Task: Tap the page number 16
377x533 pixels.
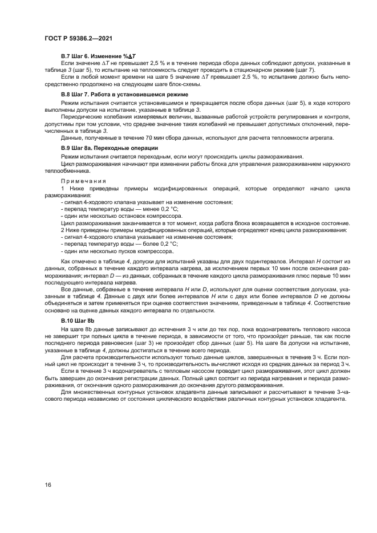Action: pos(48,485)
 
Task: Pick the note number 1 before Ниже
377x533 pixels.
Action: pos(62,188)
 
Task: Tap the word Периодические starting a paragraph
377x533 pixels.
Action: pos(86,117)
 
